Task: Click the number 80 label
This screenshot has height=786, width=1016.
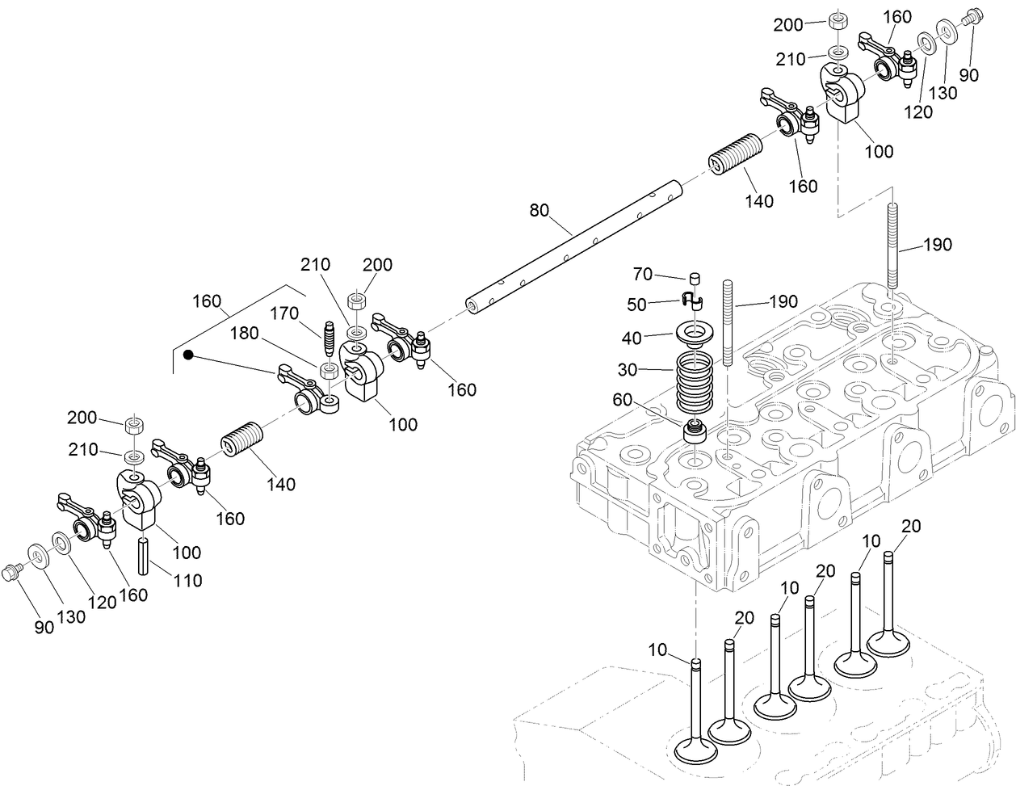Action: point(539,211)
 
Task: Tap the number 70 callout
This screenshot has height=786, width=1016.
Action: point(643,275)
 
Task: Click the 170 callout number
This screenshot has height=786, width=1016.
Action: point(284,313)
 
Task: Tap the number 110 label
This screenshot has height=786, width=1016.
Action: point(187,580)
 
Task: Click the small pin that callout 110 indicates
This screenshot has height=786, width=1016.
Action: point(143,556)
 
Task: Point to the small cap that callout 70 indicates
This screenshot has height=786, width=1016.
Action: point(692,279)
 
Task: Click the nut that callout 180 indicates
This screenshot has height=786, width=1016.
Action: point(329,372)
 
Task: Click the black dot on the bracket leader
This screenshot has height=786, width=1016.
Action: point(188,355)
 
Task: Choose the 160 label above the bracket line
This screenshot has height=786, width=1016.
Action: point(207,301)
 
